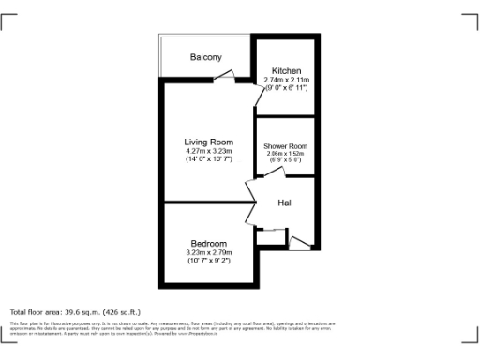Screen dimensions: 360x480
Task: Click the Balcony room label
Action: (x=206, y=58)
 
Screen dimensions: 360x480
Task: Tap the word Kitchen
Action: (x=286, y=72)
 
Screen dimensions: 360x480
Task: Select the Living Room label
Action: (x=208, y=142)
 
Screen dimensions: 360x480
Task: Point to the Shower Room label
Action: (x=285, y=146)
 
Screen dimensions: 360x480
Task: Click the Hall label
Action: (x=288, y=203)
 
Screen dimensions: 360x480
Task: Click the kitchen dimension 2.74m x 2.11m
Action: (x=286, y=82)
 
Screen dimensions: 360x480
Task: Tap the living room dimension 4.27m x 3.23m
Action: (x=208, y=151)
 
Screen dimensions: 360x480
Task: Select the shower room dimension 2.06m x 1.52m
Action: (x=285, y=154)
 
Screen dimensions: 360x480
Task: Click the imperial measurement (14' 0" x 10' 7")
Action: (x=208, y=160)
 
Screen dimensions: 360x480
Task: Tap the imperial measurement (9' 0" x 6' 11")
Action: (x=286, y=90)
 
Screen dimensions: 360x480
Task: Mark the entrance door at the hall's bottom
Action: (x=299, y=244)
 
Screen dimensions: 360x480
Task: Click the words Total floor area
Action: (x=38, y=312)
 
